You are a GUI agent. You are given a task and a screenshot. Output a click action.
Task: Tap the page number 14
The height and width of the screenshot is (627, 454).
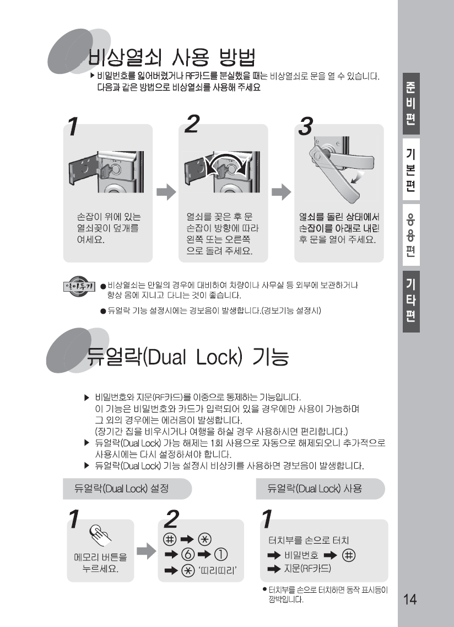409,599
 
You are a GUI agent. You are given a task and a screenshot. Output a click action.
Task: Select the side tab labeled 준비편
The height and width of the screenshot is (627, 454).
411,104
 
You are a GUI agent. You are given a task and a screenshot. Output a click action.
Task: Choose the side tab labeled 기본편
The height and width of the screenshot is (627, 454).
411,169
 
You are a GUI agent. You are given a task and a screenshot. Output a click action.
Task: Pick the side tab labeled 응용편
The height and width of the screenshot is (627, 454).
411,235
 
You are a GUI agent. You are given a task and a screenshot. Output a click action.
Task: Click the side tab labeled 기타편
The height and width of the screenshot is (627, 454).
411,302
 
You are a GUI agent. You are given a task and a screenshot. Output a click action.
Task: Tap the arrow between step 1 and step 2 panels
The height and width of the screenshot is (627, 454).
166,192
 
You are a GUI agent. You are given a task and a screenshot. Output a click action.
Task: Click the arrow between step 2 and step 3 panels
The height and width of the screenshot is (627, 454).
282,192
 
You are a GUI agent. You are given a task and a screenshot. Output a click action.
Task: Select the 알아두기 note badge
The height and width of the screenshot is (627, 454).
79,286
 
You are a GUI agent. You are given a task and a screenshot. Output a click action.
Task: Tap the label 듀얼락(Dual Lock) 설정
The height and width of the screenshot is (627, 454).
122,488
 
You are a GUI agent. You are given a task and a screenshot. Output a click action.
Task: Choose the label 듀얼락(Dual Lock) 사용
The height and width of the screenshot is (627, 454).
315,488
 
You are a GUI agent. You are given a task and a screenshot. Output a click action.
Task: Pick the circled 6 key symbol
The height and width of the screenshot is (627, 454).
188,555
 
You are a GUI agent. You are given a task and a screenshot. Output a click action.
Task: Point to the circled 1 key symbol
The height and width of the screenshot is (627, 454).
220,555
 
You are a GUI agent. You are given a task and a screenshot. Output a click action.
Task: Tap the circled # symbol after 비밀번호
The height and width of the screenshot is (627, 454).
349,555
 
